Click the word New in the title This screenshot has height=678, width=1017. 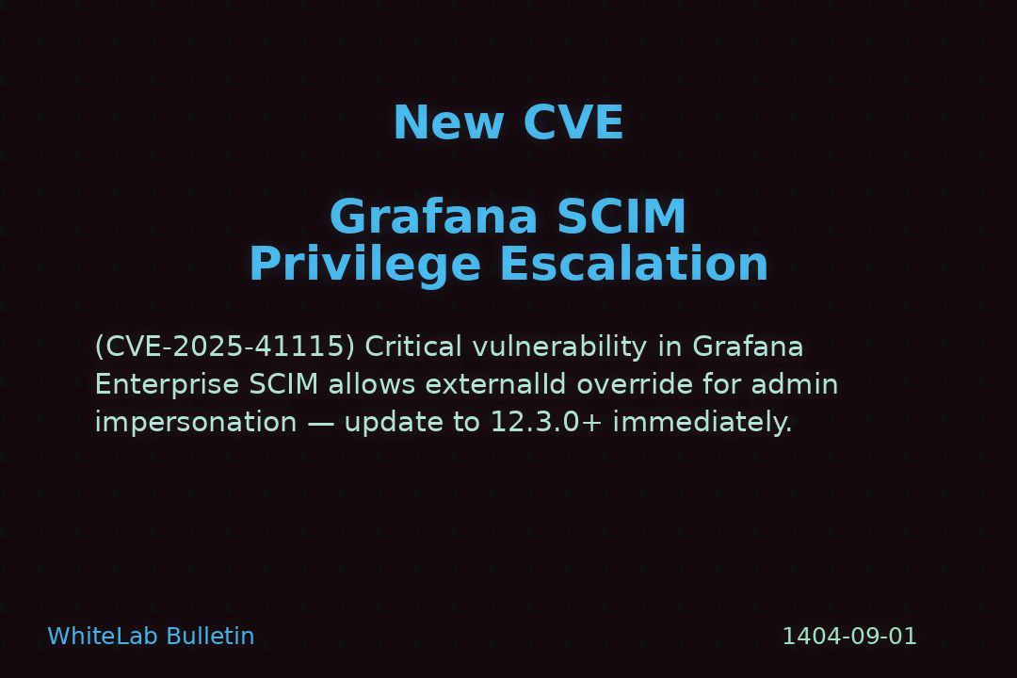[x=449, y=122]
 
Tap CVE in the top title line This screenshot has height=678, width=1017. [x=573, y=122]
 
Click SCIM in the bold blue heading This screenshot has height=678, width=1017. [x=621, y=217]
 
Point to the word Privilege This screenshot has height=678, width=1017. [x=365, y=265]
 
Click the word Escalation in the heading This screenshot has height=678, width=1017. [x=634, y=264]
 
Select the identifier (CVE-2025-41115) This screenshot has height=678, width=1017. [x=225, y=347]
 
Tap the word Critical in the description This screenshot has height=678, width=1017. [x=413, y=347]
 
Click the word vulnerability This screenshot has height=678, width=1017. [x=559, y=347]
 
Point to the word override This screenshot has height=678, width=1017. [x=635, y=384]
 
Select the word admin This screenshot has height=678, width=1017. [x=795, y=384]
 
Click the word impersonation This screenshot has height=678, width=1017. [x=196, y=423]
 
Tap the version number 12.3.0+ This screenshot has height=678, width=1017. [x=546, y=423]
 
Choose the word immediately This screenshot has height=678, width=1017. [x=702, y=423]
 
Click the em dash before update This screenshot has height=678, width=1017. [x=320, y=423]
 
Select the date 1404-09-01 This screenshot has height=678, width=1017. [x=849, y=637]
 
